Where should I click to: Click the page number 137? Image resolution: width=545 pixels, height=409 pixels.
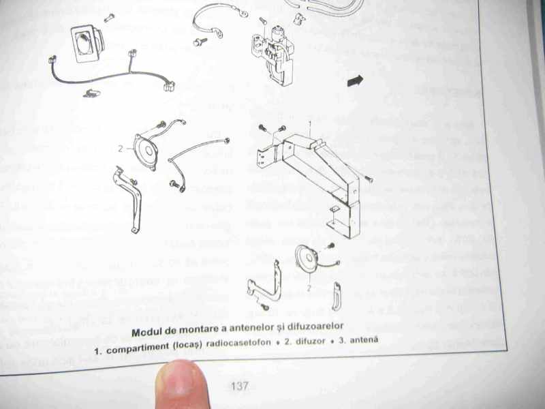tap(240, 386)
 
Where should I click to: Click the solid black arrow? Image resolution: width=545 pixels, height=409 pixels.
tap(355, 81)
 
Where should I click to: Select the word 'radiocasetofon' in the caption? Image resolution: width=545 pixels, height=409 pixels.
tap(238, 343)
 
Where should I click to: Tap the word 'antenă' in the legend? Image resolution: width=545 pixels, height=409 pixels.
tap(364, 339)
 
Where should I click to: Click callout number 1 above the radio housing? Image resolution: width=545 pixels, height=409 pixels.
tap(310, 123)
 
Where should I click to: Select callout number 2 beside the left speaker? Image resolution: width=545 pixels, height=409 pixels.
tap(121, 149)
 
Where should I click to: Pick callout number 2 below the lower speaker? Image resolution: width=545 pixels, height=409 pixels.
tap(309, 288)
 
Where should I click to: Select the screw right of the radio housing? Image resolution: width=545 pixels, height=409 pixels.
tap(369, 179)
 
